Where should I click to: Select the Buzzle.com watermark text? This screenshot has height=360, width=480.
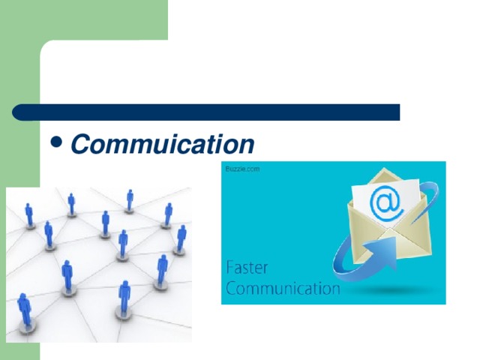click(242, 169)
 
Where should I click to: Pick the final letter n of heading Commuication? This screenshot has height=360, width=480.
click(247, 143)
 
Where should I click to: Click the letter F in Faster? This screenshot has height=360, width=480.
click(230, 268)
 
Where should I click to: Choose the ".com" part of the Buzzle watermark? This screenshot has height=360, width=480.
click(252, 169)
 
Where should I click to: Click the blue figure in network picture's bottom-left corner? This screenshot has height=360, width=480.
click(24, 311)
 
